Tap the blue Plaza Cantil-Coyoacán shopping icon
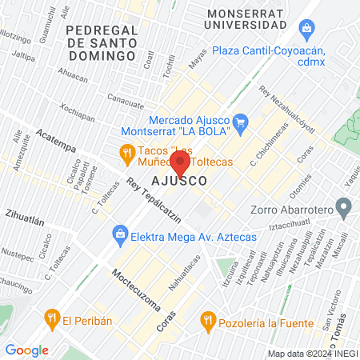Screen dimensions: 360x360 tap(305, 30)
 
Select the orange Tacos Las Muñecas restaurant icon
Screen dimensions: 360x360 tap(126, 151)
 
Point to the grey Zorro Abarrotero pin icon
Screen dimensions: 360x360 tap(344, 209)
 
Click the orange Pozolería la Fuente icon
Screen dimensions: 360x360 tap(208, 321)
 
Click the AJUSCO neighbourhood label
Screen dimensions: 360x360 tap(180, 182)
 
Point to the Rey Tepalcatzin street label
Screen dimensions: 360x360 tap(153, 199)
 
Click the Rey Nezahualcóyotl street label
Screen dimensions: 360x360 tap(289, 106)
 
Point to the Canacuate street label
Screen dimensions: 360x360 tap(126, 101)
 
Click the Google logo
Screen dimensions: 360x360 tap(26, 350)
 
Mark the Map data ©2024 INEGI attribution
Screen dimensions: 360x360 tap(312, 353)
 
